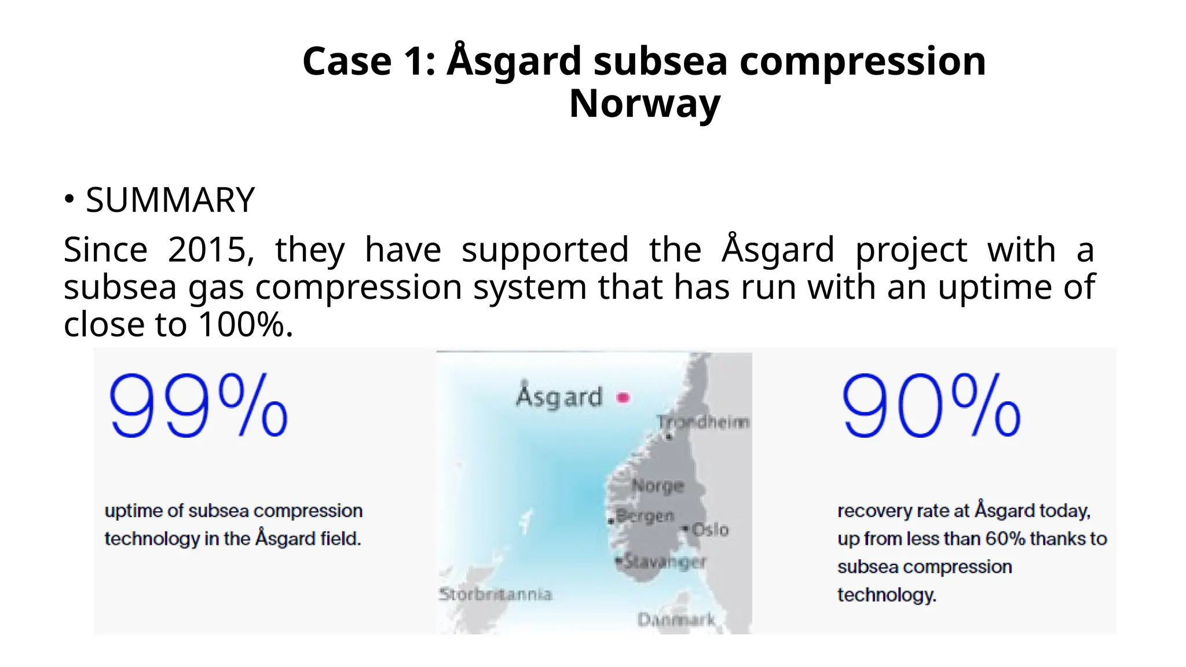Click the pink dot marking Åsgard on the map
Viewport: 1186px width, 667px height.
(x=623, y=398)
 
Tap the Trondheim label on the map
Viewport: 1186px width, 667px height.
(x=703, y=422)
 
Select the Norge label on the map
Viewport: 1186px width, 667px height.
(x=658, y=485)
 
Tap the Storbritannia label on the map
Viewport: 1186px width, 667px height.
(x=496, y=594)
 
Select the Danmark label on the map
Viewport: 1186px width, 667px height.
(x=676, y=620)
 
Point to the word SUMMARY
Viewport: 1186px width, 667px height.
(x=170, y=200)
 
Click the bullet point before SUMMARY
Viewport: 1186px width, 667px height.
(x=69, y=199)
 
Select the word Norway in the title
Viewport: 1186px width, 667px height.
(x=645, y=104)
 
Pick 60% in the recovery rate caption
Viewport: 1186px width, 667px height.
(x=1005, y=539)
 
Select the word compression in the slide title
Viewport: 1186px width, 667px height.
(x=863, y=61)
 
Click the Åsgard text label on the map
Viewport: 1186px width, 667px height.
(x=559, y=397)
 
